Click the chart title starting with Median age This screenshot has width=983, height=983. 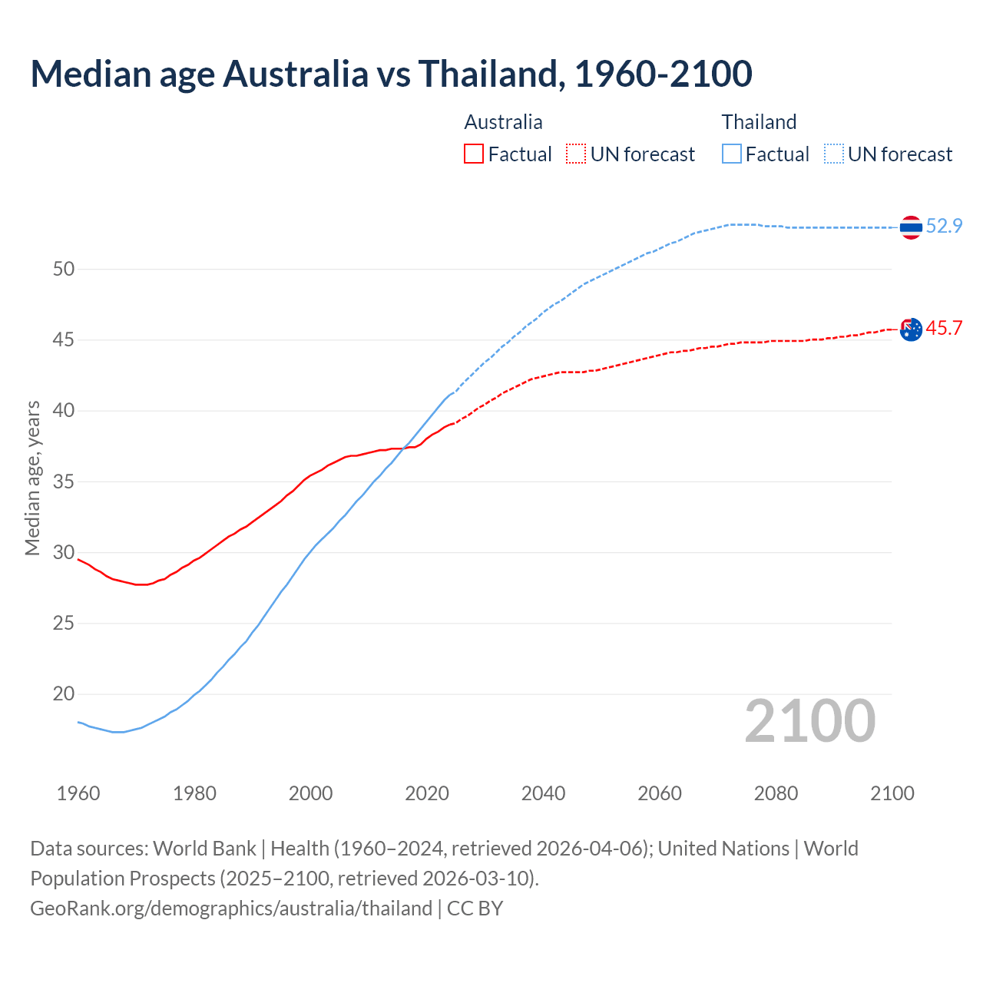(x=391, y=74)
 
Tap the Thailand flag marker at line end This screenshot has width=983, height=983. (x=911, y=227)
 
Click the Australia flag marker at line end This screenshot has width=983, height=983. (x=911, y=329)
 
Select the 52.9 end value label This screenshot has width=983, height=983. (x=944, y=226)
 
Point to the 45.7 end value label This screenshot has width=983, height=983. (x=944, y=329)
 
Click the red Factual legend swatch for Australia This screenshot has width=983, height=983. (x=474, y=154)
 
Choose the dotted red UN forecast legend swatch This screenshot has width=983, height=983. (x=576, y=154)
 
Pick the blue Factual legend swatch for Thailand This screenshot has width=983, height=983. (x=732, y=154)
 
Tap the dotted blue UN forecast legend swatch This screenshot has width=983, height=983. (x=834, y=154)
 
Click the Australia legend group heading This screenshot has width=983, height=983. (x=503, y=122)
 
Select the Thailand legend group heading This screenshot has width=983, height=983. (x=759, y=122)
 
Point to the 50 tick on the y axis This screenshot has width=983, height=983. (x=64, y=269)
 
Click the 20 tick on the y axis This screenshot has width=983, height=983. (x=64, y=694)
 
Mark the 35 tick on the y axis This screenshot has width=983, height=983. (x=64, y=482)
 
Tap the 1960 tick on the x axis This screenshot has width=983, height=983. (x=78, y=793)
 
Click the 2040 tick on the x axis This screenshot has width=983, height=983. (x=543, y=793)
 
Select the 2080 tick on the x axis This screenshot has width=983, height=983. (x=776, y=793)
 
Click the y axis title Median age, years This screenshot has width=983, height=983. (x=32, y=478)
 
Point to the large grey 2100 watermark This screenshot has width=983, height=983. (x=809, y=720)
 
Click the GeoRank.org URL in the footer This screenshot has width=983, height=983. (x=230, y=909)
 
